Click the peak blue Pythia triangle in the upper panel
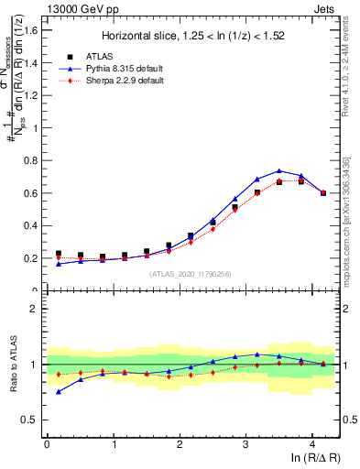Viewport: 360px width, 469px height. click(279, 171)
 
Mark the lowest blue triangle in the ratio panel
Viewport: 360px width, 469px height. click(59, 391)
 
